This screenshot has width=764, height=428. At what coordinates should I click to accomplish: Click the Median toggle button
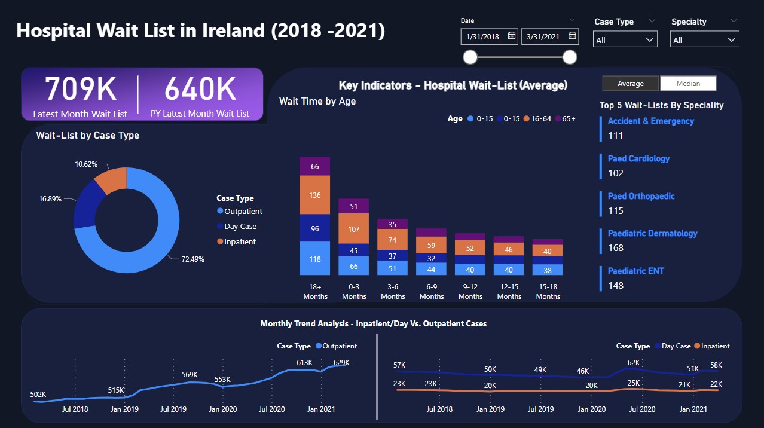pyautogui.click(x=687, y=84)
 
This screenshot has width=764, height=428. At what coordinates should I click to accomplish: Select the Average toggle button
pyautogui.click(x=631, y=84)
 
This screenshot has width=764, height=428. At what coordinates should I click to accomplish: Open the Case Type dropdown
pyautogui.click(x=625, y=40)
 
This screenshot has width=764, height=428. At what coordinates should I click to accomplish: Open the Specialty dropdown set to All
pyautogui.click(x=705, y=40)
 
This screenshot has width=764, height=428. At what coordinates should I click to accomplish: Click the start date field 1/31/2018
pyautogui.click(x=483, y=36)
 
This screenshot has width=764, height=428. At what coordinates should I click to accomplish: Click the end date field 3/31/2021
pyautogui.click(x=544, y=36)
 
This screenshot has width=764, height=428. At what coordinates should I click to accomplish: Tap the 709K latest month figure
pyautogui.click(x=80, y=90)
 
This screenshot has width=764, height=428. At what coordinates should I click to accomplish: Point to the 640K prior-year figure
pyautogui.click(x=200, y=90)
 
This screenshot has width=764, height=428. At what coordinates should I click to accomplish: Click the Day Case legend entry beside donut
pyautogui.click(x=239, y=227)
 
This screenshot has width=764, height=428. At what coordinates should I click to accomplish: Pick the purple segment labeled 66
pyautogui.click(x=315, y=166)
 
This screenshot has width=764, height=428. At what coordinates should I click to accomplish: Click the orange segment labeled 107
pyautogui.click(x=354, y=229)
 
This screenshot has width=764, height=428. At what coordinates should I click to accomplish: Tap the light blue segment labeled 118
pyautogui.click(x=315, y=259)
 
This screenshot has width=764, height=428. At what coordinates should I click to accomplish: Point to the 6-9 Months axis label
pyautogui.click(x=432, y=292)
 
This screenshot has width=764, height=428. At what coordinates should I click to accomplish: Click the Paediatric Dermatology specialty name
pyautogui.click(x=652, y=234)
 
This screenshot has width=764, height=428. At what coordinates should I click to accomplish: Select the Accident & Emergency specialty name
pyautogui.click(x=650, y=121)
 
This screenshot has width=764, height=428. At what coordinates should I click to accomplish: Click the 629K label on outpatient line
pyautogui.click(x=341, y=363)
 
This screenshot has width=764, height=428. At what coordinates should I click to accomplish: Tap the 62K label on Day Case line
pyautogui.click(x=634, y=363)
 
